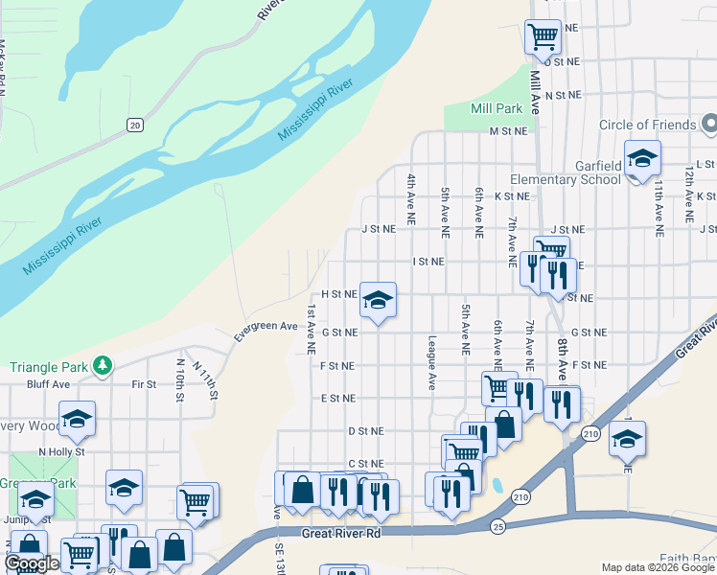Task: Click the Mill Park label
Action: click(x=497, y=109)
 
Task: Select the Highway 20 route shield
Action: click(x=134, y=125)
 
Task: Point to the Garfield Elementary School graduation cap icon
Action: click(x=642, y=159)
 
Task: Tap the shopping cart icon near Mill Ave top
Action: click(x=543, y=37)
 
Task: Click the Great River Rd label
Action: click(x=341, y=533)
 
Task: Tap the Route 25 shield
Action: click(x=497, y=527)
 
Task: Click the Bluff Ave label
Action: click(x=49, y=384)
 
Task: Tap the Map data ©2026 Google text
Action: click(x=657, y=567)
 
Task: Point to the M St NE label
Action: click(x=508, y=131)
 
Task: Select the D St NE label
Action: click(x=365, y=432)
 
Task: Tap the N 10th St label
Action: click(x=179, y=379)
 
